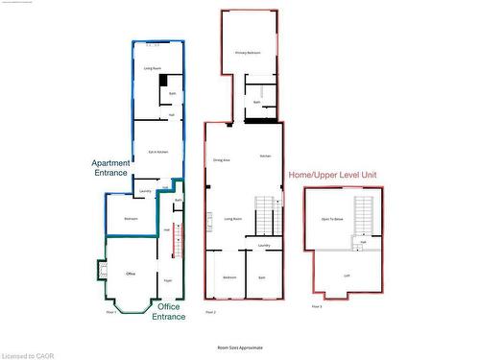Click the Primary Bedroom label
click(x=248, y=53)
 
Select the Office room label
click(x=130, y=274)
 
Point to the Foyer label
click(x=167, y=280)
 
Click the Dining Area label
click(x=220, y=159)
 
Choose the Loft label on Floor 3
click(x=347, y=275)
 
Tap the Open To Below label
click(x=332, y=220)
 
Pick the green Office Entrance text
click(x=170, y=312)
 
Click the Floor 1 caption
click(x=111, y=312)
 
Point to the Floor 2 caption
click(x=210, y=312)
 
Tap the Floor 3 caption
click(x=317, y=306)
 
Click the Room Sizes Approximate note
click(x=240, y=347)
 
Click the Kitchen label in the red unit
click(x=264, y=156)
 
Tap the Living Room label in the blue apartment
click(x=152, y=69)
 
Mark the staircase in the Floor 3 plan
click(x=363, y=216)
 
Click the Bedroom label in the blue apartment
click(x=131, y=219)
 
